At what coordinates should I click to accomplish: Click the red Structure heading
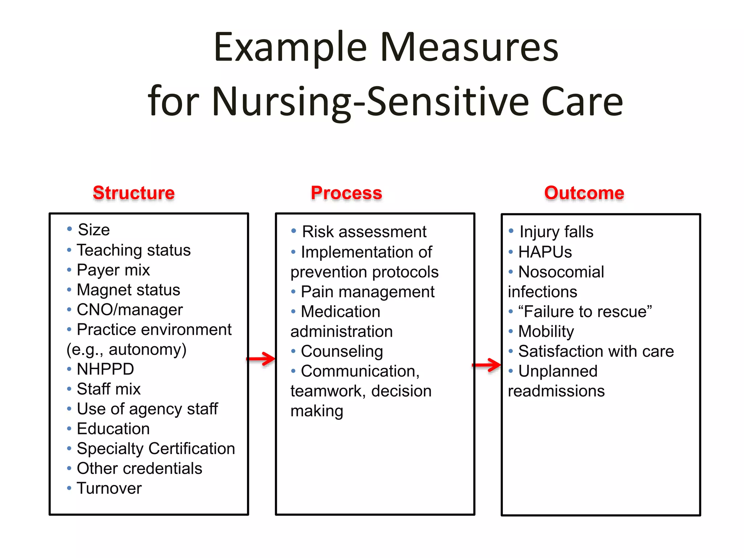(134, 193)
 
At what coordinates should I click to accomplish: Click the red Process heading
(346, 193)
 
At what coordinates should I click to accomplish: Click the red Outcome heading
(584, 193)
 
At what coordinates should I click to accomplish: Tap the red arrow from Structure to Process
(261, 359)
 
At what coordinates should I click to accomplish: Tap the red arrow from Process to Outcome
(487, 365)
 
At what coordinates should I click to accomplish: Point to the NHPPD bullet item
(105, 369)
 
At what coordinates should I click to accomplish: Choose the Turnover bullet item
(109, 488)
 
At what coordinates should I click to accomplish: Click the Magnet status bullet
(128, 290)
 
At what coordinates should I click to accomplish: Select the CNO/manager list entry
(130, 310)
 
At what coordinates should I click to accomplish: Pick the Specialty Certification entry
(156, 449)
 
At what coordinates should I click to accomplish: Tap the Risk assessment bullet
(364, 232)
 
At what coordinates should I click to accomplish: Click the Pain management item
(368, 292)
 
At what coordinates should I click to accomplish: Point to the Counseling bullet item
(342, 351)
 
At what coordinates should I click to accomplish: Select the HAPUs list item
(545, 252)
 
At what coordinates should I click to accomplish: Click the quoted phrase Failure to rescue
(585, 312)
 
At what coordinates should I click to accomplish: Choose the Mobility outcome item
(546, 331)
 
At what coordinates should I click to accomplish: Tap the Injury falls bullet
(556, 232)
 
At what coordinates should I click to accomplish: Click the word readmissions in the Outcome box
(556, 391)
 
